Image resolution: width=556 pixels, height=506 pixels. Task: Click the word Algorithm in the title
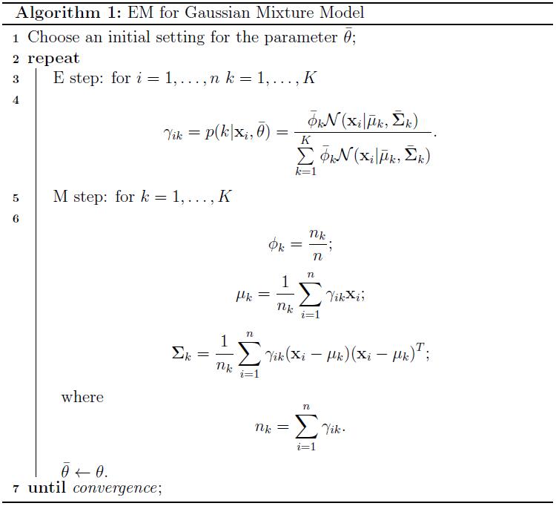[x=58, y=13]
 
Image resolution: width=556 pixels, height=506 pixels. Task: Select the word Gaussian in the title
[x=217, y=13]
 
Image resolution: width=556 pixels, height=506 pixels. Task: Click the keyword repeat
[x=53, y=59]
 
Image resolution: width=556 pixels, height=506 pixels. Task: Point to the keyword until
[x=47, y=487]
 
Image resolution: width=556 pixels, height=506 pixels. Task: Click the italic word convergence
[x=115, y=488]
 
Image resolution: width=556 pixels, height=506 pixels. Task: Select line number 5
[x=16, y=197]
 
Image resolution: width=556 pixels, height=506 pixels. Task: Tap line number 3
[x=16, y=79]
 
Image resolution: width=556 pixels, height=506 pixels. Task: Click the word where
[x=82, y=397]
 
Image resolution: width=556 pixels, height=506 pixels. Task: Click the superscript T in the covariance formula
[x=420, y=346]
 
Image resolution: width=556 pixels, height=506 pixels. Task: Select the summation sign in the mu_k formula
[x=311, y=294]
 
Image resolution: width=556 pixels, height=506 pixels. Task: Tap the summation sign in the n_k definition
[x=306, y=426]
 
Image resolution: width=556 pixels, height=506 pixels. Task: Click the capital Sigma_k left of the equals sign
[x=182, y=353]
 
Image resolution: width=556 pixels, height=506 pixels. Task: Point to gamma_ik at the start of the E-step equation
[x=173, y=134]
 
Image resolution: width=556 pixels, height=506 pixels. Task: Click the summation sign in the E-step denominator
[x=305, y=155]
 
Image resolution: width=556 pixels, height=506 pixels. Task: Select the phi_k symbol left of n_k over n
[x=277, y=245]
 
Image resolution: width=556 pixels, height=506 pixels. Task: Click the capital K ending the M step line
[x=225, y=196]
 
